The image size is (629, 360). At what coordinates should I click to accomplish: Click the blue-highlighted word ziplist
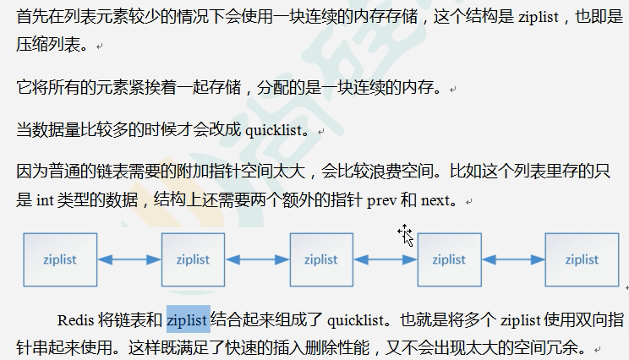[x=188, y=320]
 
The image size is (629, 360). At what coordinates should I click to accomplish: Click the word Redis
[x=75, y=320]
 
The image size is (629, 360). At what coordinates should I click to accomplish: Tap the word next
[x=435, y=201]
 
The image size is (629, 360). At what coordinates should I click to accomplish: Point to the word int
[x=46, y=201]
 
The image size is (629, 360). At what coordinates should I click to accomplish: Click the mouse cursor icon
[x=407, y=236]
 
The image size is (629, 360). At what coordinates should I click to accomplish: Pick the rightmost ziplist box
[x=582, y=259]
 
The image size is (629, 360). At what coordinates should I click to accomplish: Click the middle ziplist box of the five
[x=321, y=259]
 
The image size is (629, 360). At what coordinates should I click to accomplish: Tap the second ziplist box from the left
[x=193, y=259]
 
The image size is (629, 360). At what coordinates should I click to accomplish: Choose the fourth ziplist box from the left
[x=450, y=259]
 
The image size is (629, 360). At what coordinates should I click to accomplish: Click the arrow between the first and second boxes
[x=129, y=259]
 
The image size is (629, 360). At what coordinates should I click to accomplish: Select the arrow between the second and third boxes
[x=257, y=259]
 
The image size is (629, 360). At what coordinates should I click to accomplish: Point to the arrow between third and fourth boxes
[x=386, y=259]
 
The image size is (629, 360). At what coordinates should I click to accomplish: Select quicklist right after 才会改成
[x=272, y=131]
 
